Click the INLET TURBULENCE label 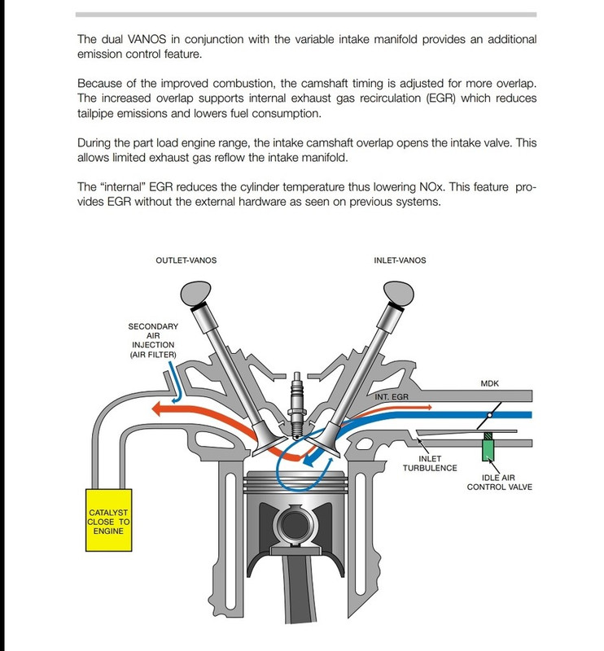coord(429,461)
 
